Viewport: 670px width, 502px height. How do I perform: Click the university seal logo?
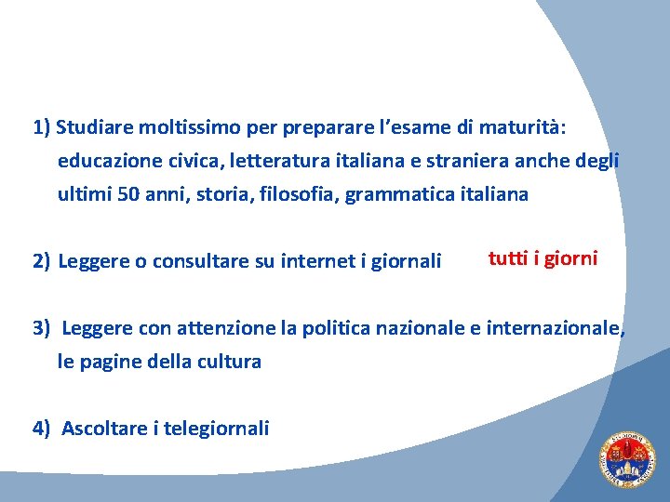[x=625, y=461]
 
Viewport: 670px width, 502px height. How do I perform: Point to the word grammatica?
[x=397, y=194]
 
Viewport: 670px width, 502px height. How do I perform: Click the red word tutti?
[x=507, y=258]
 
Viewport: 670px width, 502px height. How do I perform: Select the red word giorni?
[x=570, y=258]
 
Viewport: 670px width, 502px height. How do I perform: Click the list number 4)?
[x=42, y=428]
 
